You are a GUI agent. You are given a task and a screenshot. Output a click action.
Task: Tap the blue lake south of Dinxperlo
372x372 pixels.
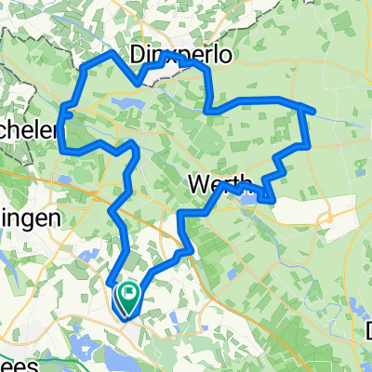[x=126, y=101]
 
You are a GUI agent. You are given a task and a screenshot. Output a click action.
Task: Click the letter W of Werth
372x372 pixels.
[x=198, y=184]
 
